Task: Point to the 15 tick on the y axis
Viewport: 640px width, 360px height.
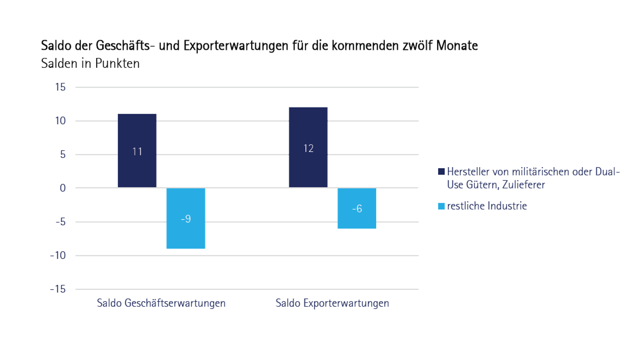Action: click(60, 87)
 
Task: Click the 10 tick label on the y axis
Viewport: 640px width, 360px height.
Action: click(60, 121)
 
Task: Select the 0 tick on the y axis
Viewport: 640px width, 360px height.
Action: click(63, 188)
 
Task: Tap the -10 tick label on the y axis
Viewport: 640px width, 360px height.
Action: click(58, 256)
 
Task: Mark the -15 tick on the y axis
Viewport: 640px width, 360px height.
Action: click(58, 289)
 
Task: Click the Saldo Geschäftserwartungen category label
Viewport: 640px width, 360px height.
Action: click(161, 303)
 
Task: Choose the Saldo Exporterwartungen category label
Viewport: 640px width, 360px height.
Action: click(332, 303)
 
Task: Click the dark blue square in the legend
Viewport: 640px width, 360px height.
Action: click(441, 172)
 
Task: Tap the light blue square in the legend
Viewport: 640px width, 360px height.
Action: click(441, 206)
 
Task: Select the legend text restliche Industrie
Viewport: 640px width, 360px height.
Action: click(487, 206)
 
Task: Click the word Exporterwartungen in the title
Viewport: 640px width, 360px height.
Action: click(236, 46)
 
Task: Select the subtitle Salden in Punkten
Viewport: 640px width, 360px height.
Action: click(90, 63)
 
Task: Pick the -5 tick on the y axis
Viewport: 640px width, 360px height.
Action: click(60, 222)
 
